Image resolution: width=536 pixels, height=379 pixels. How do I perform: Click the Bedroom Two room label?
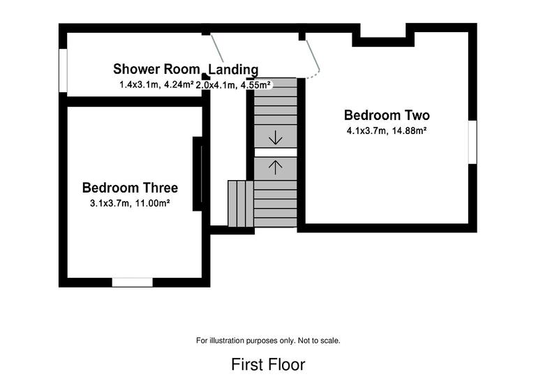[x=387, y=115]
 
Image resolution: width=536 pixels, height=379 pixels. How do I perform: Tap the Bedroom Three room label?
[x=130, y=188]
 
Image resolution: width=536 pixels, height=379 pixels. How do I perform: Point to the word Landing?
[x=234, y=69]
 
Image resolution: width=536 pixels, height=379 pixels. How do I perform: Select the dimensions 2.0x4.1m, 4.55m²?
[x=233, y=84]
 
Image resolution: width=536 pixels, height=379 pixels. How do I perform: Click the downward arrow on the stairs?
[x=275, y=136]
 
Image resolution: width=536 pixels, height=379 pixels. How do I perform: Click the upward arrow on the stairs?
[x=275, y=167]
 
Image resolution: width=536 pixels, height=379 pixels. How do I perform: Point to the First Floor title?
[x=268, y=364]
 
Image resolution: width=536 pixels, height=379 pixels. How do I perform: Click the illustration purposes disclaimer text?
[x=268, y=341]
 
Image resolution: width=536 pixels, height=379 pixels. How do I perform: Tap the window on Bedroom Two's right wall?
[x=472, y=142]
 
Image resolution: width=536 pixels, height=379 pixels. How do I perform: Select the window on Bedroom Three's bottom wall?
[x=133, y=282]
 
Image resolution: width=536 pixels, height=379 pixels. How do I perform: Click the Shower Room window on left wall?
[x=63, y=70]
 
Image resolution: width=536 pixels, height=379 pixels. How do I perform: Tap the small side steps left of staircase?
[x=240, y=204]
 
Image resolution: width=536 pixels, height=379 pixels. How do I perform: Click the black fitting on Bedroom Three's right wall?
[x=198, y=174]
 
